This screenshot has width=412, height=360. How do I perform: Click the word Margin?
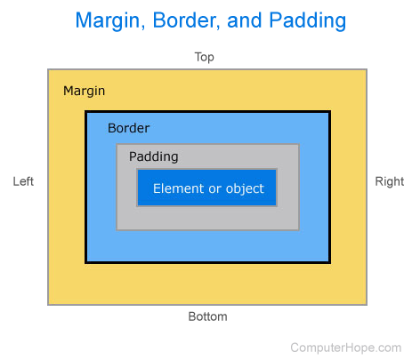[x=85, y=91]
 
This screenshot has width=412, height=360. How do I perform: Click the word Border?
[x=128, y=128]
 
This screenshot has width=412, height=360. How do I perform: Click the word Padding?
[x=153, y=156]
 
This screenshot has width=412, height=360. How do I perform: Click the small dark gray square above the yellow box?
[x=206, y=60]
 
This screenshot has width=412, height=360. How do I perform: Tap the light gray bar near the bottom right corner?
[x=350, y=348]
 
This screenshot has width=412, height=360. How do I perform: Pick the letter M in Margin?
[x=69, y=91]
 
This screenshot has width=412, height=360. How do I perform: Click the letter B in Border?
[x=111, y=128]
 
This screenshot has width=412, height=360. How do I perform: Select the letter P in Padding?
[x=133, y=156]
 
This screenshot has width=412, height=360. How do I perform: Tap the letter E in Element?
[x=157, y=188]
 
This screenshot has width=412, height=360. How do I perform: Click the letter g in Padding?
[x=174, y=158]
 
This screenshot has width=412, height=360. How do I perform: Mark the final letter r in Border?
[x=147, y=129]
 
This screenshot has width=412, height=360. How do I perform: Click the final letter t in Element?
[x=199, y=188]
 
